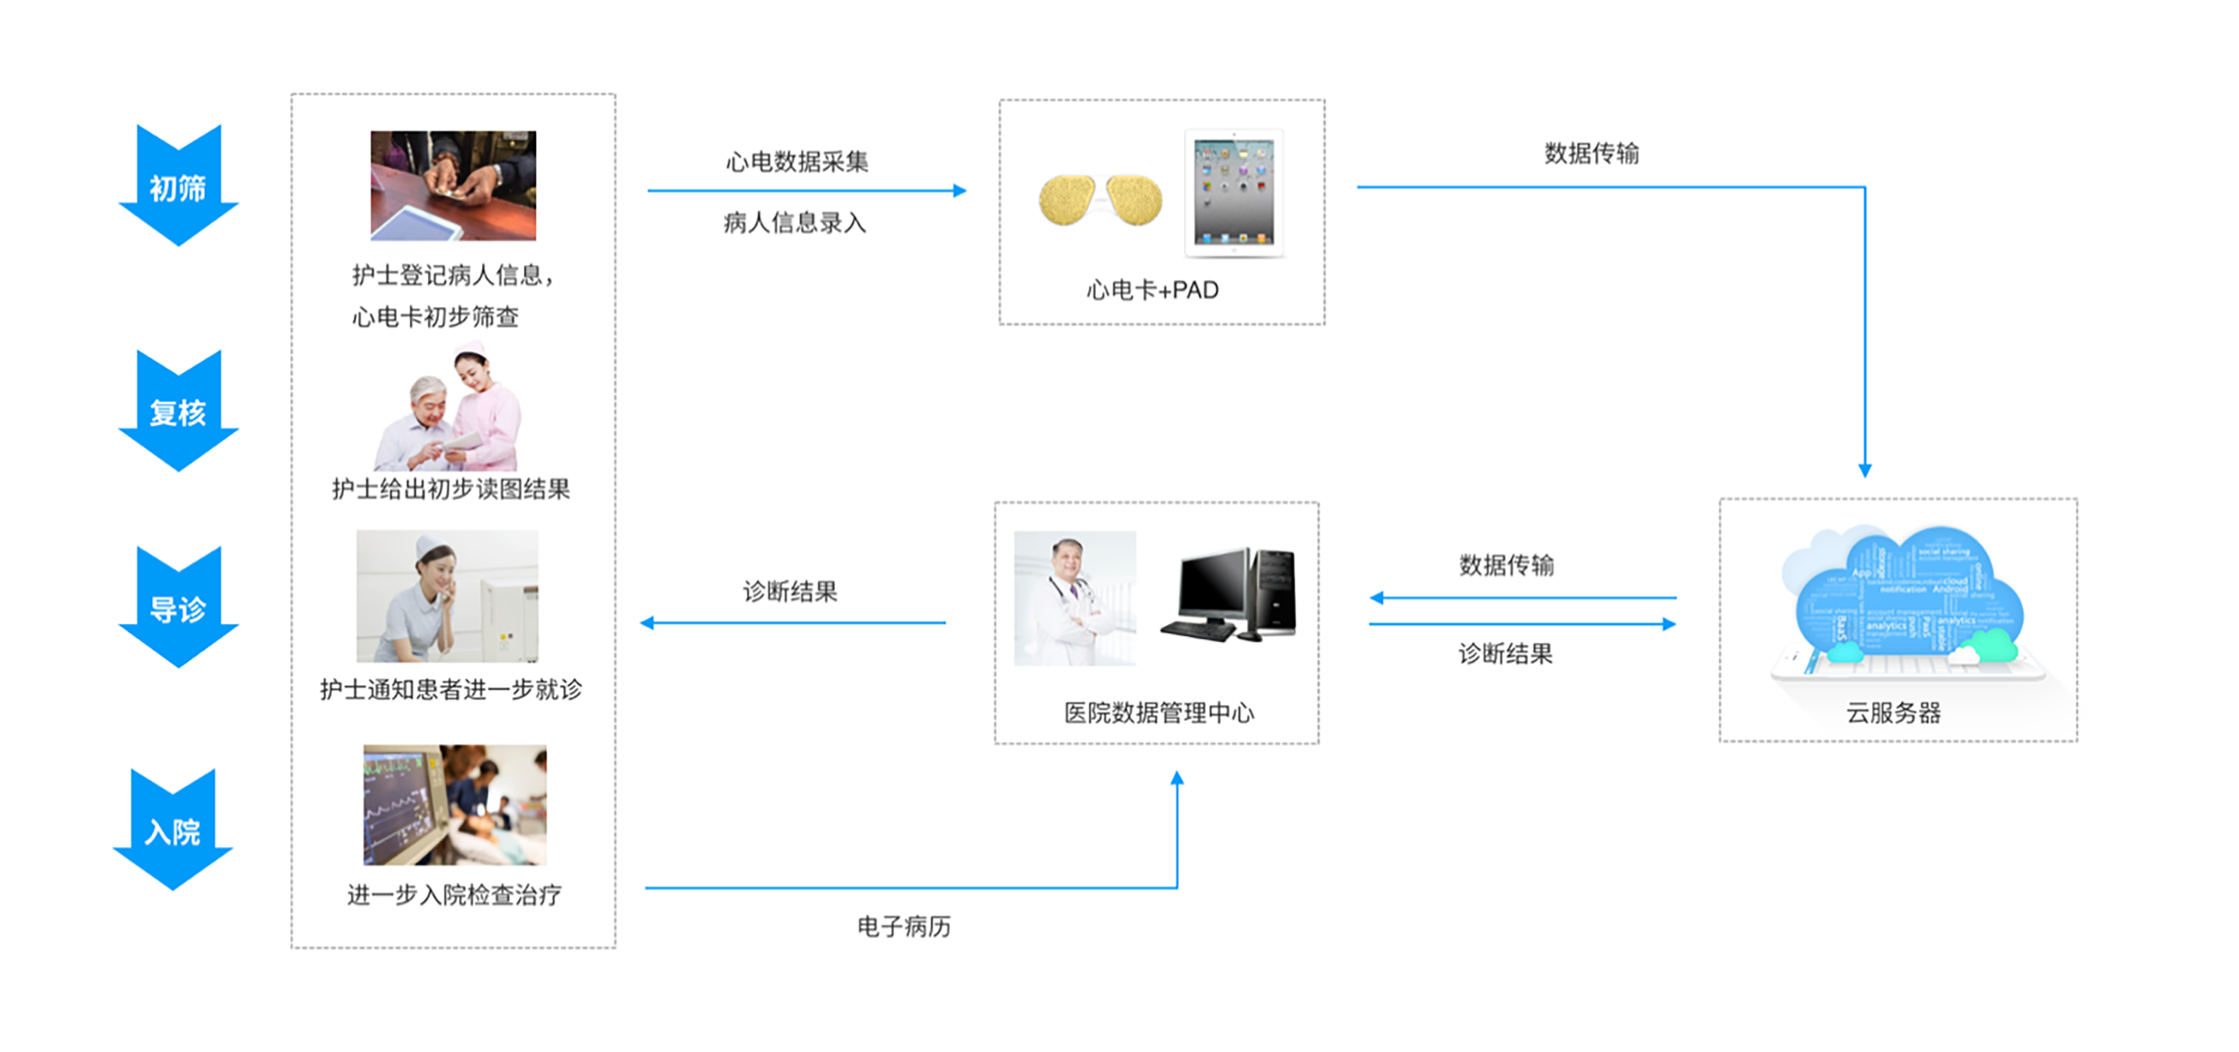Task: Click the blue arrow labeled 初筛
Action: click(179, 186)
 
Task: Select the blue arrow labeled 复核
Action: click(179, 411)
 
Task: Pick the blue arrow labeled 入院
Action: click(173, 830)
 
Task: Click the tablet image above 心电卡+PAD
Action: click(1234, 193)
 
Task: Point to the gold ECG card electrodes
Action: click(1101, 200)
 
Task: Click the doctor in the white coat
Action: click(1074, 598)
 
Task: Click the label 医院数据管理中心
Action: click(1159, 713)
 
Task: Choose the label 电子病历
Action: click(904, 927)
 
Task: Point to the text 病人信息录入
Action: click(795, 222)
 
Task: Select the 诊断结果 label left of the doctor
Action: click(790, 592)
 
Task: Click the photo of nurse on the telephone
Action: click(447, 596)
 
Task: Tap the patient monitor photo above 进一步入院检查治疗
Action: click(454, 804)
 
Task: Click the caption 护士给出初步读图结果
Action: click(451, 488)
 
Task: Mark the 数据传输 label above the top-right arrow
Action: click(1591, 153)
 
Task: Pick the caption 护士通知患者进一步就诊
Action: click(451, 690)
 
